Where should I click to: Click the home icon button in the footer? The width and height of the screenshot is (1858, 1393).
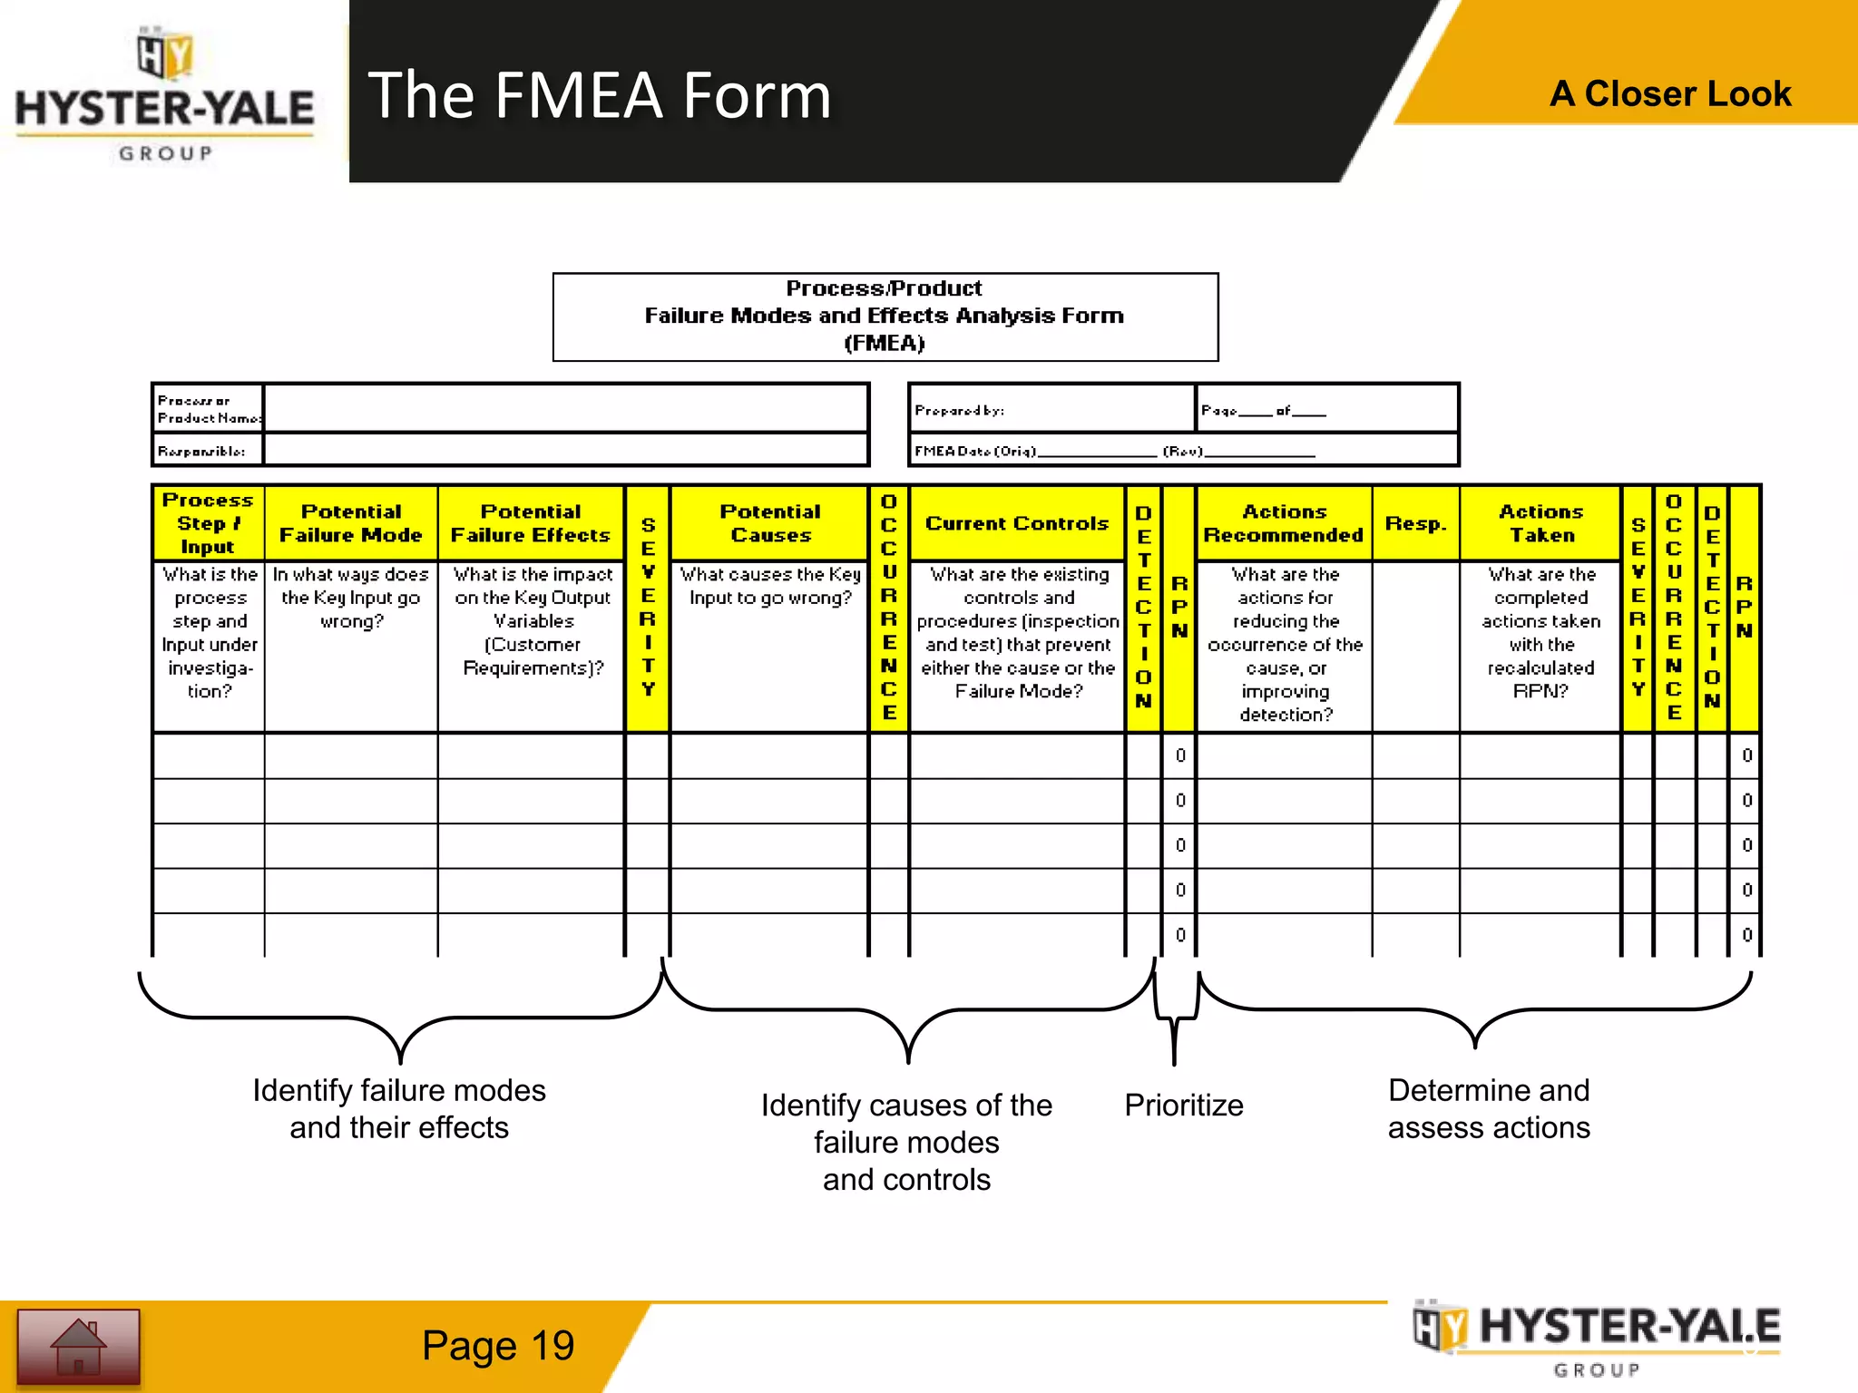[x=78, y=1347]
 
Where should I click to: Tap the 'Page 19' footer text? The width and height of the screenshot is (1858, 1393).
[x=497, y=1346]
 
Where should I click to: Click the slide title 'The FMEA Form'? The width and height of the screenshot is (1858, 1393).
[x=600, y=95]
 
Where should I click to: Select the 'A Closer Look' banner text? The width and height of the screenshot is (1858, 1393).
[x=1669, y=93]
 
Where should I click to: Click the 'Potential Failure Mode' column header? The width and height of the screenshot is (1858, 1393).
[x=351, y=523]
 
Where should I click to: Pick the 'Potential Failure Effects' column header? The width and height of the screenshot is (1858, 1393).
[x=531, y=523]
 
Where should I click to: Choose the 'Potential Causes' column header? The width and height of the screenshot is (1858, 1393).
[x=770, y=523]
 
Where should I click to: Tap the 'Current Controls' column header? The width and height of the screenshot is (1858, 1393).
[x=1017, y=523]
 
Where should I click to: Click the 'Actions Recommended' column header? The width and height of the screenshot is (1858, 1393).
[x=1284, y=523]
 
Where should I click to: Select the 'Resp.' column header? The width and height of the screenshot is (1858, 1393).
[x=1415, y=523]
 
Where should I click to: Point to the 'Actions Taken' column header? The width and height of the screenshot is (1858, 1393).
[x=1540, y=523]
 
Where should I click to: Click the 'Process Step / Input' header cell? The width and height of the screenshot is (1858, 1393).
[x=208, y=523]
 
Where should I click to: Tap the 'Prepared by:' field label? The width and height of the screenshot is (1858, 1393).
[x=959, y=411]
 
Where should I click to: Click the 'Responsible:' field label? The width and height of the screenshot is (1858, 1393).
[x=201, y=451]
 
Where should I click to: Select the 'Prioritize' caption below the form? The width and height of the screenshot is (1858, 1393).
[x=1183, y=1106]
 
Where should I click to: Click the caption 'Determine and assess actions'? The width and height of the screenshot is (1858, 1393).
[x=1489, y=1108]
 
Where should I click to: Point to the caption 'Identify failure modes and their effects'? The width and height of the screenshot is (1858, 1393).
[x=399, y=1108]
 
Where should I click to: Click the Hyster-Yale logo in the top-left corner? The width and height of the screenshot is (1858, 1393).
[x=165, y=95]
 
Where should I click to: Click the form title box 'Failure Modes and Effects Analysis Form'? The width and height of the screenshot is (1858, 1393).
[x=885, y=316]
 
